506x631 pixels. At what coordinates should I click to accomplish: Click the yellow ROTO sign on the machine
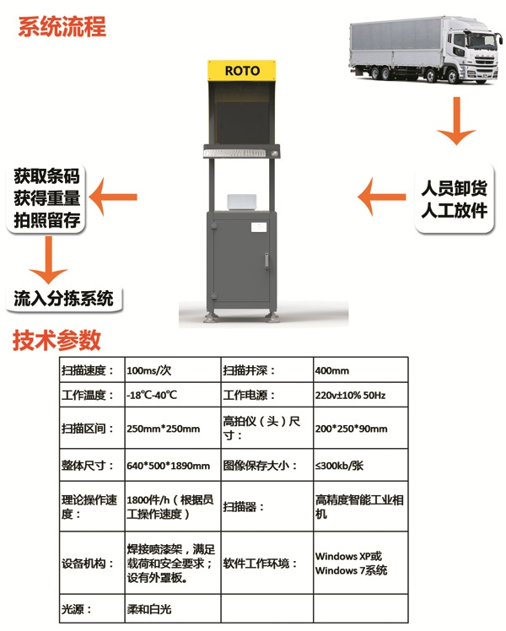(x=242, y=70)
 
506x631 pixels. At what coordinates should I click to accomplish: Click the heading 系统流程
(x=62, y=26)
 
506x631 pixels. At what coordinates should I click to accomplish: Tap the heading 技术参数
(x=57, y=340)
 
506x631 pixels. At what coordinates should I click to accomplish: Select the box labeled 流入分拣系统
(x=63, y=298)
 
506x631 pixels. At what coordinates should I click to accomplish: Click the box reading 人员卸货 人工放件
(x=455, y=198)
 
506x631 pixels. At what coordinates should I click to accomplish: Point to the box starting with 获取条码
(x=46, y=198)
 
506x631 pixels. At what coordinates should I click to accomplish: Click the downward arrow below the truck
(x=456, y=120)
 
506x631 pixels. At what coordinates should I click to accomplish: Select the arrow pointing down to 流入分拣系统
(x=49, y=260)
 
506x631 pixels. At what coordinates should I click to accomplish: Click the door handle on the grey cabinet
(x=266, y=260)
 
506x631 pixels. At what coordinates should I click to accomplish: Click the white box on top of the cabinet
(x=242, y=202)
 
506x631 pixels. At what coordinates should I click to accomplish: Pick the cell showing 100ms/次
(x=173, y=369)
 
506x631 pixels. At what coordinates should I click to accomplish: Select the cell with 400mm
(x=360, y=369)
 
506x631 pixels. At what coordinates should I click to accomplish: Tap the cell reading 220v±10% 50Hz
(x=360, y=395)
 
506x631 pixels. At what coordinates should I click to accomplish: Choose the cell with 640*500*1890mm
(x=173, y=465)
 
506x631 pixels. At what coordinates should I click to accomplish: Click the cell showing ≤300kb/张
(x=360, y=465)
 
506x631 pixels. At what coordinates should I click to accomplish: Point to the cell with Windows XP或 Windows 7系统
(x=360, y=563)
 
